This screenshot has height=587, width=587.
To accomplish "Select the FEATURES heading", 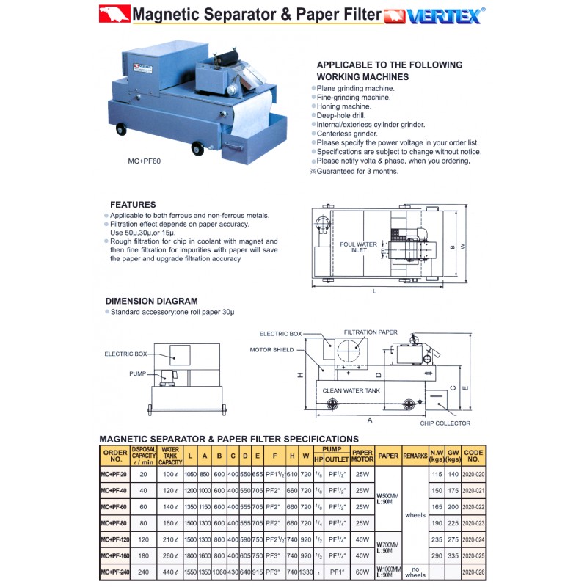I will click(x=133, y=204).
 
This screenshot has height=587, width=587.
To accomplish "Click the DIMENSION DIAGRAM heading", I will click(x=151, y=301).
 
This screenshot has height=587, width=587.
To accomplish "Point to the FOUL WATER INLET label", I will click(x=358, y=247).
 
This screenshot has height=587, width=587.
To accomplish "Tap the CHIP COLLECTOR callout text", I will click(x=445, y=423).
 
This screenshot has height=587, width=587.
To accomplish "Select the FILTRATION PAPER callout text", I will click(x=370, y=332).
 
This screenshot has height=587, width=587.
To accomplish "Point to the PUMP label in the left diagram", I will click(x=138, y=373).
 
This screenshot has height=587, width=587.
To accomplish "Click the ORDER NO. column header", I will click(x=114, y=456).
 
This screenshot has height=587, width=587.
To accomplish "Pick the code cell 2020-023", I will click(x=474, y=522).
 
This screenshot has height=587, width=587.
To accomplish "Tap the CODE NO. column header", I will click(x=474, y=456).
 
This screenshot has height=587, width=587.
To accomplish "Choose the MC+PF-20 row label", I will click(x=114, y=475).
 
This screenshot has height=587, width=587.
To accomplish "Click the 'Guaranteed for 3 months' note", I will click(x=356, y=171).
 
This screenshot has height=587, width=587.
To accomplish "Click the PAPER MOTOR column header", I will click(x=362, y=456).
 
